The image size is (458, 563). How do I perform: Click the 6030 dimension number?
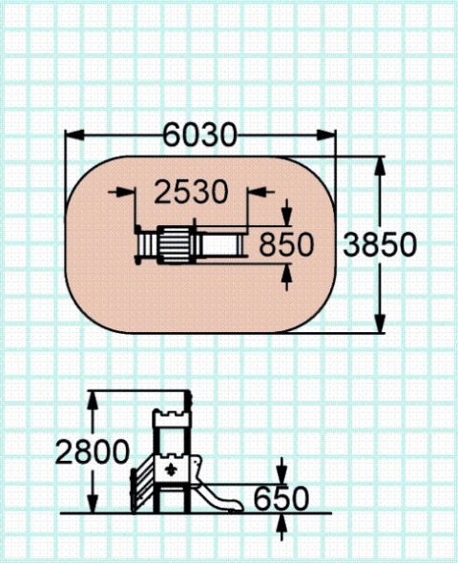coord(200,135)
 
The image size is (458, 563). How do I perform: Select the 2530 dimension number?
coord(192,192)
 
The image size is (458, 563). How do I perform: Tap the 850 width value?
coord(286,244)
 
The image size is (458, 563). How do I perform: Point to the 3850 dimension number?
coord(380,244)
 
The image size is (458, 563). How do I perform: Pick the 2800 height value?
coord(93,451)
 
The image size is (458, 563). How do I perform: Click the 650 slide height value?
coord(281,499)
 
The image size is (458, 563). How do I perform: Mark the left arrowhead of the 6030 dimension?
coord(74,135)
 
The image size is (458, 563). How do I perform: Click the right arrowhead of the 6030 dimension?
coord(326,135)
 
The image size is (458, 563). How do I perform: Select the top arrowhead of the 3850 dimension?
coord(380,165)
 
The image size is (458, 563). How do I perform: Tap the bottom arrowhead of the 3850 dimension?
coord(380,323)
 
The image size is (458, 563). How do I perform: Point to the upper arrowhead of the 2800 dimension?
coord(93,400)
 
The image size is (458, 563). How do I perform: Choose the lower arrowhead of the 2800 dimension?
coord(93,504)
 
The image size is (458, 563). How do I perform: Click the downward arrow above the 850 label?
coord(286,213)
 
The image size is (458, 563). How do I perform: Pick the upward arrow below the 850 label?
coord(286,277)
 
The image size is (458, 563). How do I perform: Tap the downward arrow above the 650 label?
coord(282,470)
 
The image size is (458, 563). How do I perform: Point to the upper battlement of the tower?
coord(171,415)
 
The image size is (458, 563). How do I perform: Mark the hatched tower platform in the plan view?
coord(176,244)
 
